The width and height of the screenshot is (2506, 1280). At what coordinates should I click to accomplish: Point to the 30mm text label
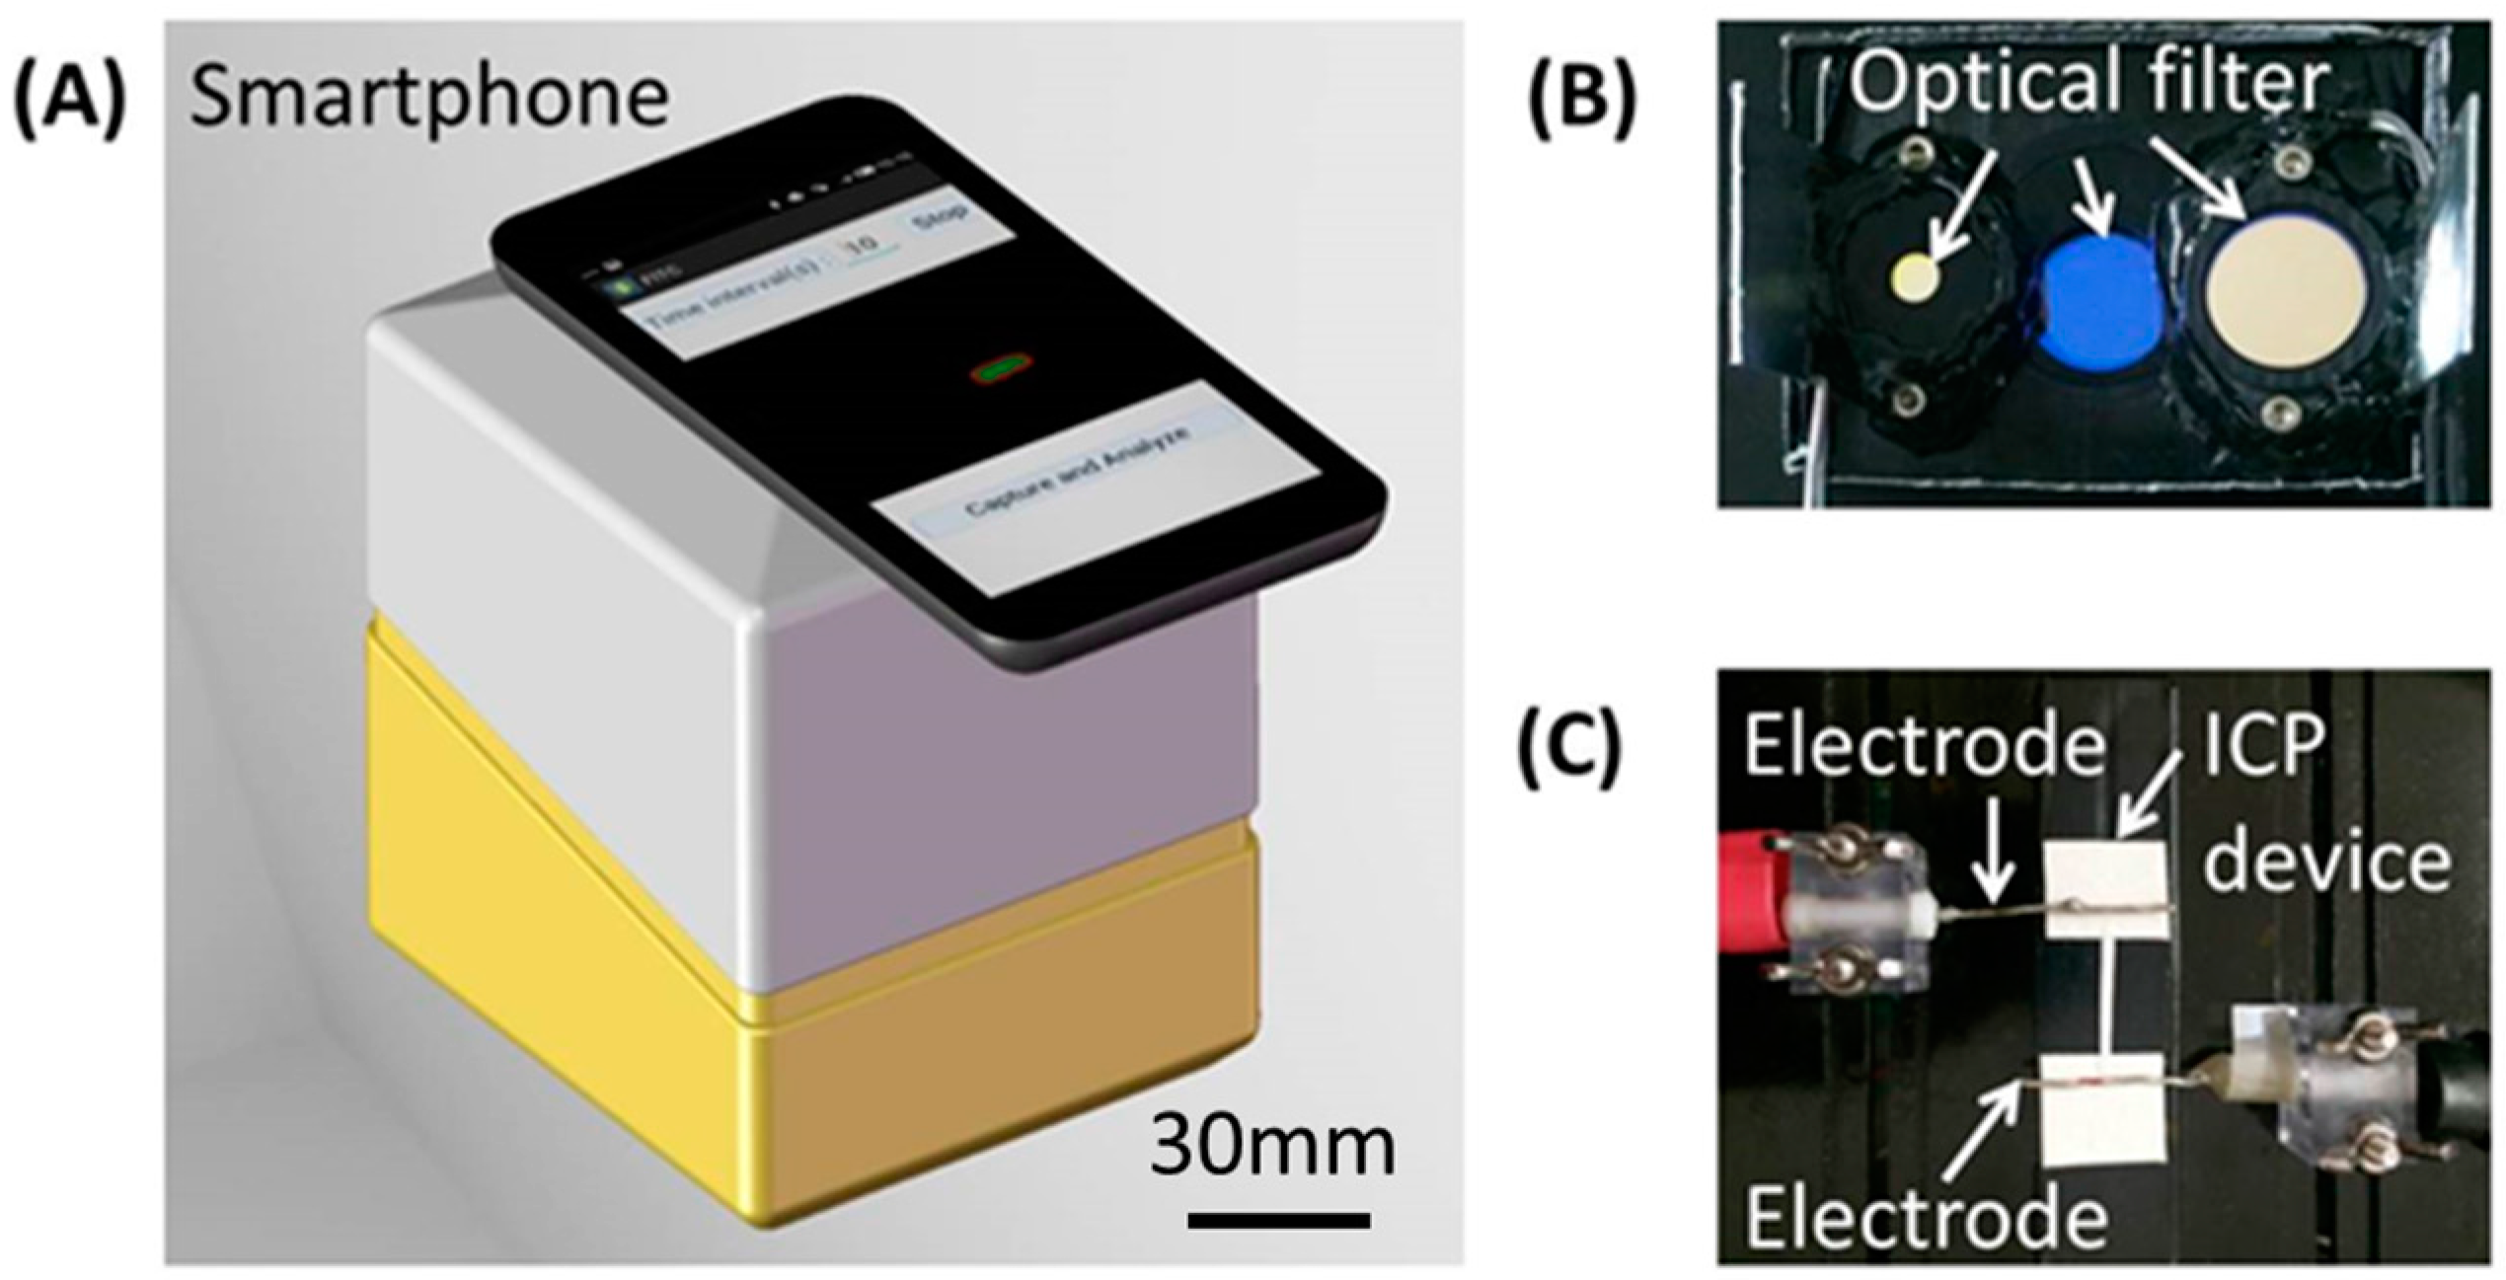pos(1272,1148)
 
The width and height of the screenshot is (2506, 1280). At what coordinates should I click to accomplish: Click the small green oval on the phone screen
pos(1000,369)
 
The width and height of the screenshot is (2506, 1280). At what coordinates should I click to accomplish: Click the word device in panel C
pos(2327,861)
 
